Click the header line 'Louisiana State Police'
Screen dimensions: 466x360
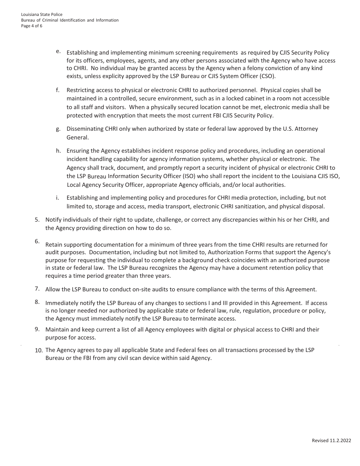pyautogui.click(x=42, y=14)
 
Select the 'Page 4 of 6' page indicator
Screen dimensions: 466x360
pyautogui.click(x=32, y=26)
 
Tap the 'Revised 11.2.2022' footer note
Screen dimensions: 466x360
pyautogui.click(x=331, y=440)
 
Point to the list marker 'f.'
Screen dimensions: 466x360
pyautogui.click(x=58, y=90)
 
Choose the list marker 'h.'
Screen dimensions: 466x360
pyautogui.click(x=58, y=151)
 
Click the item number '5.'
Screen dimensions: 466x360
pyautogui.click(x=37, y=219)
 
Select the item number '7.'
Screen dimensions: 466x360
pyautogui.click(x=37, y=289)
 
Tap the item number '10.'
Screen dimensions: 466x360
pyautogui.click(x=39, y=350)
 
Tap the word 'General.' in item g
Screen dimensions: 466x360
pyautogui.click(x=78, y=138)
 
